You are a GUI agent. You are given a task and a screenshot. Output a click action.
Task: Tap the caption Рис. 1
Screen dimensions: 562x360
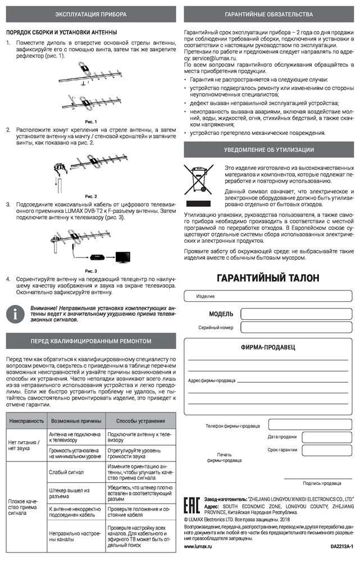tap(91, 121)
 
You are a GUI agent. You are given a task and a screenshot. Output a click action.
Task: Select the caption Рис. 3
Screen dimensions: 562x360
tap(91, 271)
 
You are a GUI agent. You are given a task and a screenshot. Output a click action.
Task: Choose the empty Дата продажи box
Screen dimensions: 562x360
tap(323, 437)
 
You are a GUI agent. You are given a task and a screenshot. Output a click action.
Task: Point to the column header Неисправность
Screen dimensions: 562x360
tap(26, 420)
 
